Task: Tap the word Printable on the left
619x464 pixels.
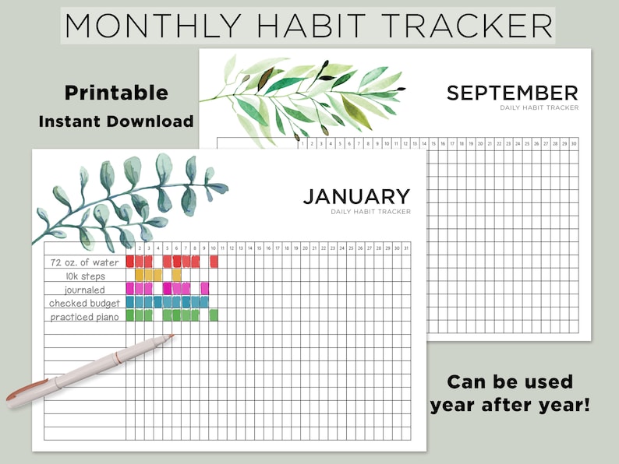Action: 116,93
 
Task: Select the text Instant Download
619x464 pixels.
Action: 116,121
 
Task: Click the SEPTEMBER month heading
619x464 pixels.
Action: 512,93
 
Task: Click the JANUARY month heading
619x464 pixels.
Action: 356,197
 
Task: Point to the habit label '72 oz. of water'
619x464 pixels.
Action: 85,262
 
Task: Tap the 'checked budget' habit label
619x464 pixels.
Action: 86,302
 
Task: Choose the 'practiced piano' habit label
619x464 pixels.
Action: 86,316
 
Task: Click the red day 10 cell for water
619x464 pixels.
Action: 214,262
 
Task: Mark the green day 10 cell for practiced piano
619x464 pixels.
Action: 214,315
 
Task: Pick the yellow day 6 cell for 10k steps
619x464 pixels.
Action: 176,275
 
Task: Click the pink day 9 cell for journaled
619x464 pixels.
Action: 204,288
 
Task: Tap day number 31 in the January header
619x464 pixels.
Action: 406,248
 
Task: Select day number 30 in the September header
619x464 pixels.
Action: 574,143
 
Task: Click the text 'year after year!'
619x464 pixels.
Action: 509,405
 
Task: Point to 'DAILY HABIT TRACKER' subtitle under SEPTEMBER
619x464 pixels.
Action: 539,108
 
